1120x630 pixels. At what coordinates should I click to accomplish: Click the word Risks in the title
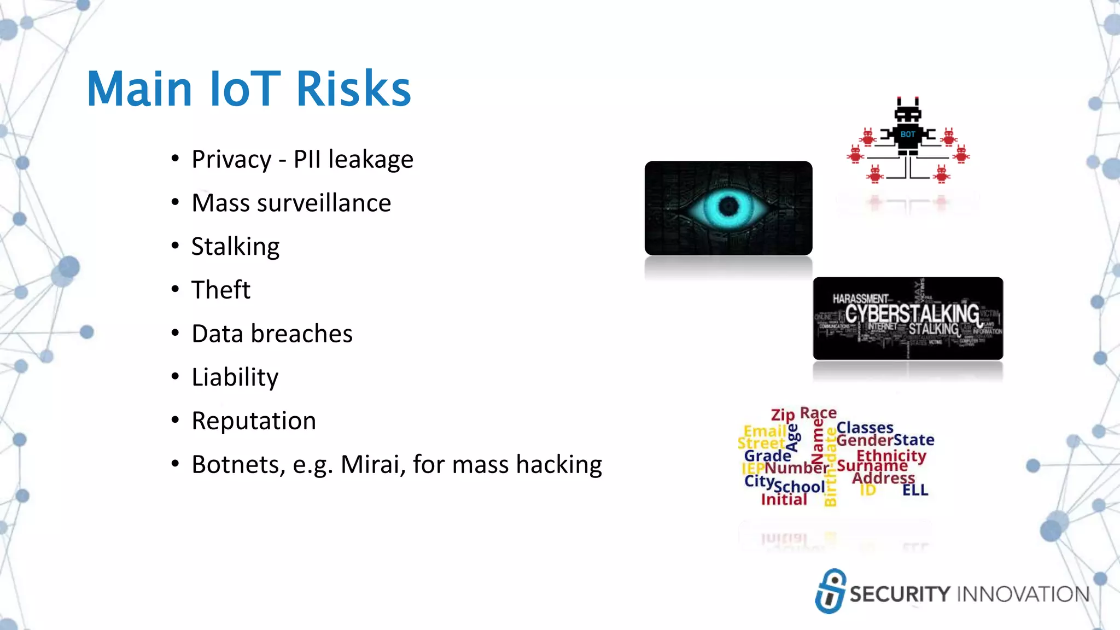click(353, 89)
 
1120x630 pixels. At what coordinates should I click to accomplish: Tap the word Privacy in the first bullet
click(231, 160)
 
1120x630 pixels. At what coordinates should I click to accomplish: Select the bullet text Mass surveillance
click(291, 203)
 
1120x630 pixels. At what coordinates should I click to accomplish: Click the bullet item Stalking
click(235, 247)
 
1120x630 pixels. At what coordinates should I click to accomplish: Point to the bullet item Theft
click(220, 290)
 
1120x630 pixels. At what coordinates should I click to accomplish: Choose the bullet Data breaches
click(272, 334)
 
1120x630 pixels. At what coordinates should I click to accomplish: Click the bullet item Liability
click(235, 377)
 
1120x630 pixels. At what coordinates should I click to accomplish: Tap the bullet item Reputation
click(254, 421)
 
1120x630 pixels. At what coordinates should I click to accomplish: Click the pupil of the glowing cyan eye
click(728, 207)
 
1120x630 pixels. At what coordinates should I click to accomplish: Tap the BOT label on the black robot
click(907, 135)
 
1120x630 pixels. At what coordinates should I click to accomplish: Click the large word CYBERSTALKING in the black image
click(912, 314)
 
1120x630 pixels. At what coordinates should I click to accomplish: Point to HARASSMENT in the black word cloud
click(860, 299)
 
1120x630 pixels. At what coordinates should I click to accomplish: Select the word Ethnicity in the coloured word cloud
click(891, 455)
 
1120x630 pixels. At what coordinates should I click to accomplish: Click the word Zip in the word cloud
click(783, 415)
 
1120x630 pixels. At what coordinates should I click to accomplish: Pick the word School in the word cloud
click(800, 487)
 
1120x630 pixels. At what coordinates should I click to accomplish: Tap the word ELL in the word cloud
click(915, 490)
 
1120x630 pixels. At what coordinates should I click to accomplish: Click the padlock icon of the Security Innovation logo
click(831, 592)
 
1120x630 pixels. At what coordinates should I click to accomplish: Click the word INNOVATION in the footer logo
click(1023, 594)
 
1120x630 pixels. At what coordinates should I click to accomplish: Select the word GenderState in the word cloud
click(885, 440)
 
